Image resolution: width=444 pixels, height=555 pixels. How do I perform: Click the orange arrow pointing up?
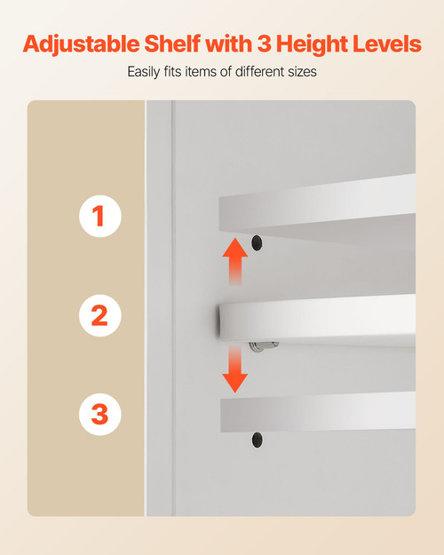(x=234, y=260)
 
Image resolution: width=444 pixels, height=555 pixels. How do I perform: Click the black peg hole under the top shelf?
(x=257, y=242)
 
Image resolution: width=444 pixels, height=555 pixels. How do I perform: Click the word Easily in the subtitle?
(x=146, y=72)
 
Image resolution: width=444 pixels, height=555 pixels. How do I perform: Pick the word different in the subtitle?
(x=255, y=72)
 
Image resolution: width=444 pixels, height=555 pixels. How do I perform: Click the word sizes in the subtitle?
(x=301, y=72)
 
